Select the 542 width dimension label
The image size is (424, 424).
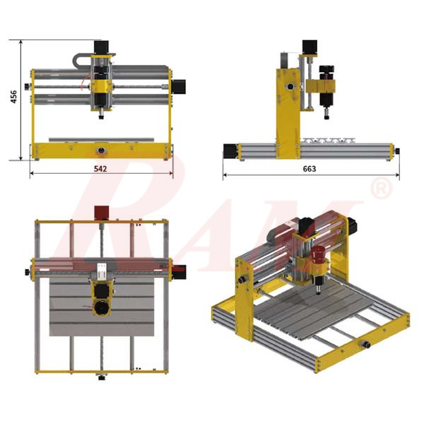[x=102, y=170]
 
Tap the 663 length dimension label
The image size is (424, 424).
[x=309, y=170]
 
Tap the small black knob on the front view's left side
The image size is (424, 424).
[x=28, y=87]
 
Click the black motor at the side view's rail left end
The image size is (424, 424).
[x=230, y=151]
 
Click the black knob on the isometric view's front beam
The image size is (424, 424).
[x=368, y=345]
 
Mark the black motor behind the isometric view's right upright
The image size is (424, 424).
[x=351, y=225]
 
